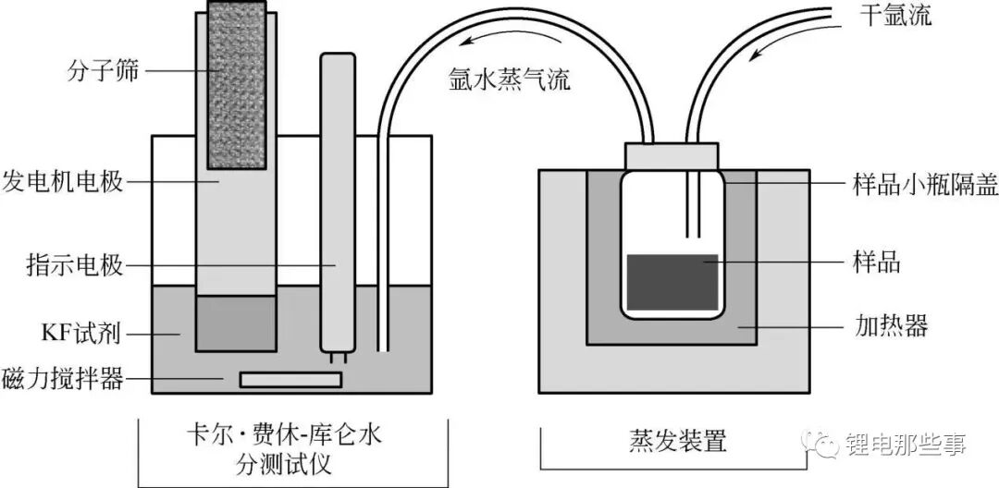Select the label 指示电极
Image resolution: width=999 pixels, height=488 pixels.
pyautogui.click(x=75, y=264)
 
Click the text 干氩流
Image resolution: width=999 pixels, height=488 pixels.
pyautogui.click(x=895, y=16)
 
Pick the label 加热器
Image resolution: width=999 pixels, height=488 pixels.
pyautogui.click(x=890, y=326)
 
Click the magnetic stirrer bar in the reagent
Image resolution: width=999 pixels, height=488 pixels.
pyautogui.click(x=290, y=380)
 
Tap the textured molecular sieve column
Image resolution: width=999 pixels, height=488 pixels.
pyautogui.click(x=237, y=84)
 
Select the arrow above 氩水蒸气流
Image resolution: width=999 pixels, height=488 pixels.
pyautogui.click(x=511, y=41)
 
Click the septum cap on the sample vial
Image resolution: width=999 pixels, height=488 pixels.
pyautogui.click(x=672, y=155)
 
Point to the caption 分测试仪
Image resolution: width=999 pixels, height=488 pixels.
pyautogui.click(x=284, y=466)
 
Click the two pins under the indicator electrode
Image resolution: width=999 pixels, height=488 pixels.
pyautogui.click(x=337, y=359)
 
